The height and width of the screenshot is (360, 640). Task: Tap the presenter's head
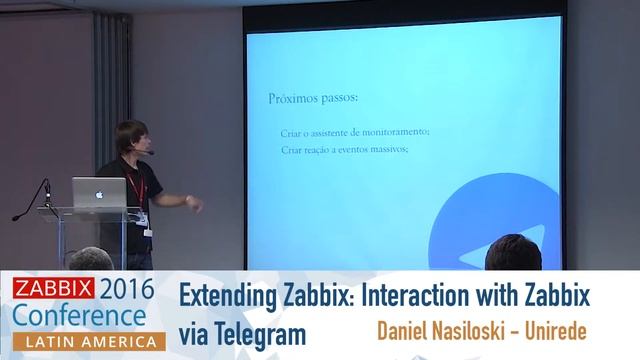tap(130, 139)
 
